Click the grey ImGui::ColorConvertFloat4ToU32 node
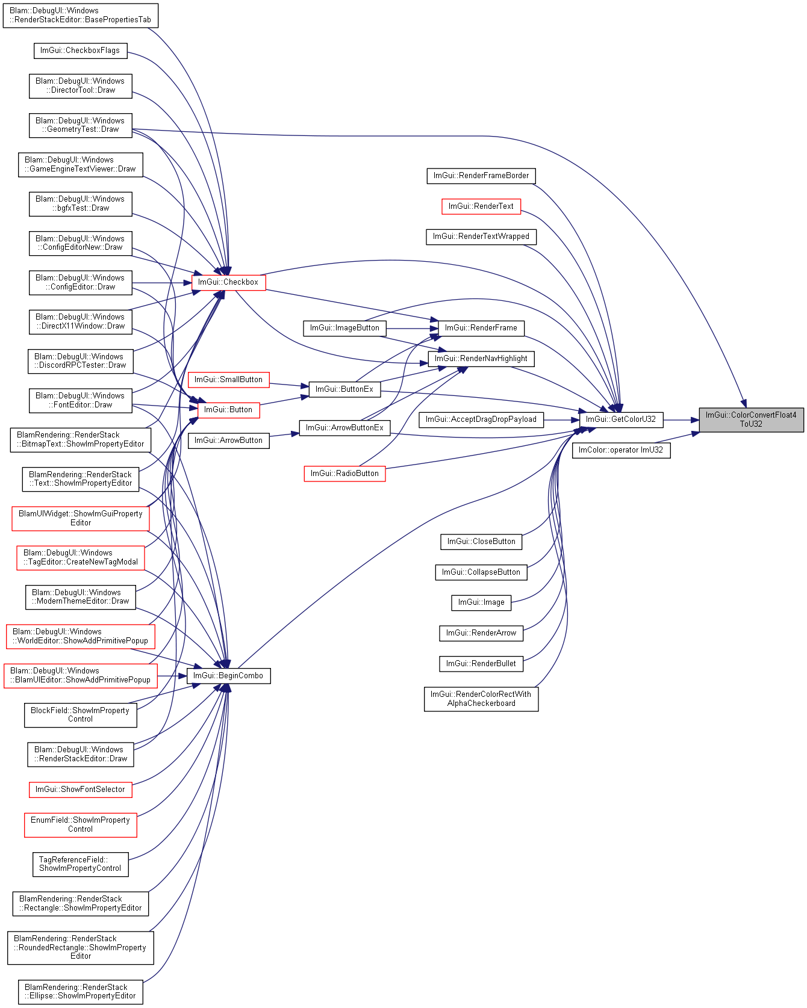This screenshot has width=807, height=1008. pos(751,419)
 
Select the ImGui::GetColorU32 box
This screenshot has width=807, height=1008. pos(621,419)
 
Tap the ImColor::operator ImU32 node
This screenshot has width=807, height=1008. pos(621,450)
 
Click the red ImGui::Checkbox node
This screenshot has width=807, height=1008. pos(228,282)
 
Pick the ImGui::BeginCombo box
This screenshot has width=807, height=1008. pos(228,676)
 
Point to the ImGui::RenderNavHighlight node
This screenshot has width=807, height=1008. pos(481,359)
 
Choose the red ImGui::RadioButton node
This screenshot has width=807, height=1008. pos(344,474)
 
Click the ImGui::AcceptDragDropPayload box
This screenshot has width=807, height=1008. pos(481,419)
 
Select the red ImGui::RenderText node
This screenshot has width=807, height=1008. pos(481,206)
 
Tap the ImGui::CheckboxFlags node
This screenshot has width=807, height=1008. pos(80,51)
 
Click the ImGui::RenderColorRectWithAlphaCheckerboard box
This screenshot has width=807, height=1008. pos(481,699)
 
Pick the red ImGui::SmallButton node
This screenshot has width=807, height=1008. pos(228,380)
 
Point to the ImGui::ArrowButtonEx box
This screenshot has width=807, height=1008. pos(344,428)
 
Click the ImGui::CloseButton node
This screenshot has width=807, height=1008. pos(481,542)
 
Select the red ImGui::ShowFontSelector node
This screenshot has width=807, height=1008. pos(80,790)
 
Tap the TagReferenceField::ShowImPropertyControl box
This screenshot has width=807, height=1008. pos(80,864)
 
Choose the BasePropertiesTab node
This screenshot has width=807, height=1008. pos(80,15)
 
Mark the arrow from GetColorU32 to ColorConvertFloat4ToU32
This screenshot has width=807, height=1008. pos(681,419)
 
